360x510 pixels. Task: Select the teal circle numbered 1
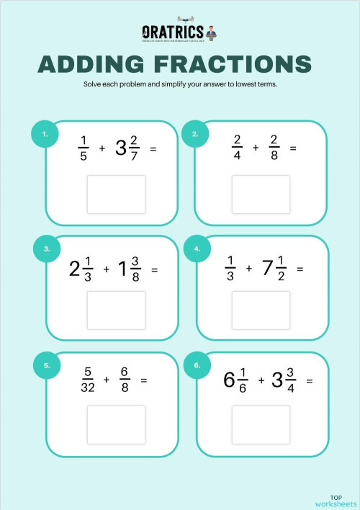pos(45,133)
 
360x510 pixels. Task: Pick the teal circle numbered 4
pos(197,249)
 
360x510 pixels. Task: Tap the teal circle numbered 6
pos(197,365)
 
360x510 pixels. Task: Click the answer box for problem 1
pos(116,194)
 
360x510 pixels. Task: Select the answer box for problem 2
pos(261,194)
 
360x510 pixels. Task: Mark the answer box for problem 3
pos(116,310)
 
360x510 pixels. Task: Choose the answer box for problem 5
pos(116,424)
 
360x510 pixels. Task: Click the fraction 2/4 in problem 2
pos(238,148)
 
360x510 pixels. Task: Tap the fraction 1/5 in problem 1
pos(83,148)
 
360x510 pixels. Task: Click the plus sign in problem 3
pos(106,269)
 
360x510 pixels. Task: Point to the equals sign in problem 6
pos(310,380)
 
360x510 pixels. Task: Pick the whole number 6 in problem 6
pos(229,380)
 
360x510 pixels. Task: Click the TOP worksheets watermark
pos(336,500)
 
